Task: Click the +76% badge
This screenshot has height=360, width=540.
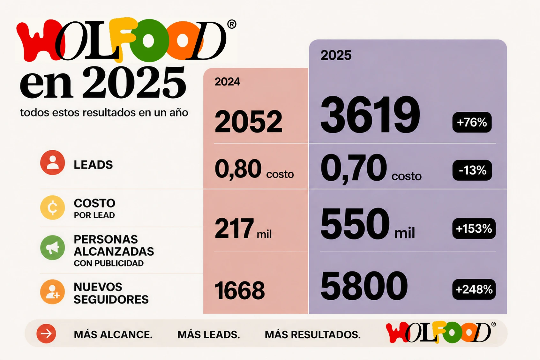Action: pyautogui.click(x=472, y=122)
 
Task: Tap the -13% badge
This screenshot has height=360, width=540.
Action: pyautogui.click(x=472, y=170)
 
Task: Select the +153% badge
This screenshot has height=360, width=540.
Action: pyautogui.click(x=474, y=229)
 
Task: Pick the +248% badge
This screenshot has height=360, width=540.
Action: pyautogui.click(x=474, y=289)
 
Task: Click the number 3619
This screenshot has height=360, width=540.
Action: pyautogui.click(x=370, y=115)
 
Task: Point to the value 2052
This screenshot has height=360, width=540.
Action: pyautogui.click(x=248, y=122)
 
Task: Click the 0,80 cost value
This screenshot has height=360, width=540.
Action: pyautogui.click(x=254, y=169)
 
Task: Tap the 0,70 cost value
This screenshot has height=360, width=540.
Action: pyautogui.click(x=371, y=169)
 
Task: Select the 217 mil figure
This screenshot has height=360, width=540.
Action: pyautogui.click(x=243, y=228)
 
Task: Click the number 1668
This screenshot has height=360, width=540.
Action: pyautogui.click(x=240, y=290)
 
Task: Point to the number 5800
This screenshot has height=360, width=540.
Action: pyautogui.click(x=364, y=286)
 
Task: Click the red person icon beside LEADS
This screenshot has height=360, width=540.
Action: pyautogui.click(x=53, y=162)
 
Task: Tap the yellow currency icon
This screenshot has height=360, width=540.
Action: pyautogui.click(x=53, y=208)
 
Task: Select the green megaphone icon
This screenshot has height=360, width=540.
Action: pyautogui.click(x=53, y=248)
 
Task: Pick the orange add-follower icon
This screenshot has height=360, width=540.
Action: pyautogui.click(x=53, y=292)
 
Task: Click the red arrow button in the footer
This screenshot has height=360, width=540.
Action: pyautogui.click(x=46, y=334)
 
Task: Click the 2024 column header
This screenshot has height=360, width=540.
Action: pyautogui.click(x=227, y=82)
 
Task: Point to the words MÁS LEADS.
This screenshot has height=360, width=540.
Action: pyautogui.click(x=209, y=334)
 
